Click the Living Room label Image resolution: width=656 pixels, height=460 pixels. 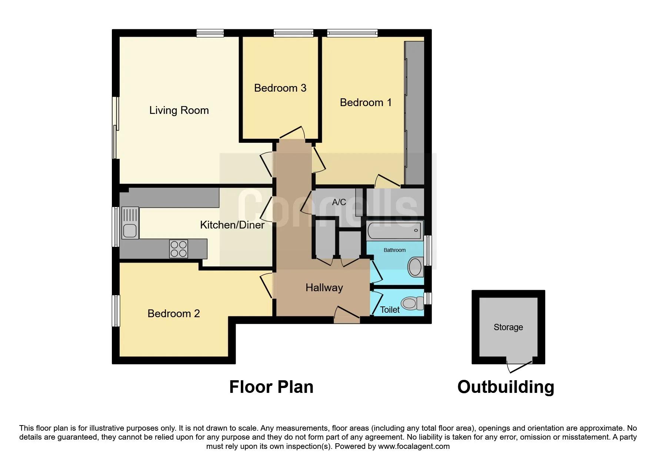tap(179, 110)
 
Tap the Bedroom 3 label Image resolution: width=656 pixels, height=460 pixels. tap(280, 88)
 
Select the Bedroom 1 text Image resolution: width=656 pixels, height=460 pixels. tap(366, 102)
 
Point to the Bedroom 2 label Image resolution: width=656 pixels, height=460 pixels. tap(173, 313)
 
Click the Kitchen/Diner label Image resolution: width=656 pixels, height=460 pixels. tap(232, 225)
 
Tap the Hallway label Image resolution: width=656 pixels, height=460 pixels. tap(324, 287)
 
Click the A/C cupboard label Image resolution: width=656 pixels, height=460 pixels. tap(339, 202)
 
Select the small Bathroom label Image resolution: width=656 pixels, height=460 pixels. tap(394, 250)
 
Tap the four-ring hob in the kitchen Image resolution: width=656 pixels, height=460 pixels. tap(179, 249)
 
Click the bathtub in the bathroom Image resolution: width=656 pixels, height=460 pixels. tap(394, 231)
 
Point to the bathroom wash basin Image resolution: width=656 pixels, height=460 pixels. tap(415, 266)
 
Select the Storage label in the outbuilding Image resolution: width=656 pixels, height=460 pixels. tap(508, 327)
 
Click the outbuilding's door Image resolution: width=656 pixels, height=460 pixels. tap(520, 367)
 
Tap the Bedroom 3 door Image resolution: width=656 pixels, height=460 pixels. tap(292, 133)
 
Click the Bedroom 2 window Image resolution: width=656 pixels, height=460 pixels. tap(116, 310)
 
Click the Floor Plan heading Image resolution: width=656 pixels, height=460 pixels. tap(271, 387)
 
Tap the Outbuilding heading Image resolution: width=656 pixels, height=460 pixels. tap(506, 387)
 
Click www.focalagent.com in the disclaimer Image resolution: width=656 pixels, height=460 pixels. tap(414, 446)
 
